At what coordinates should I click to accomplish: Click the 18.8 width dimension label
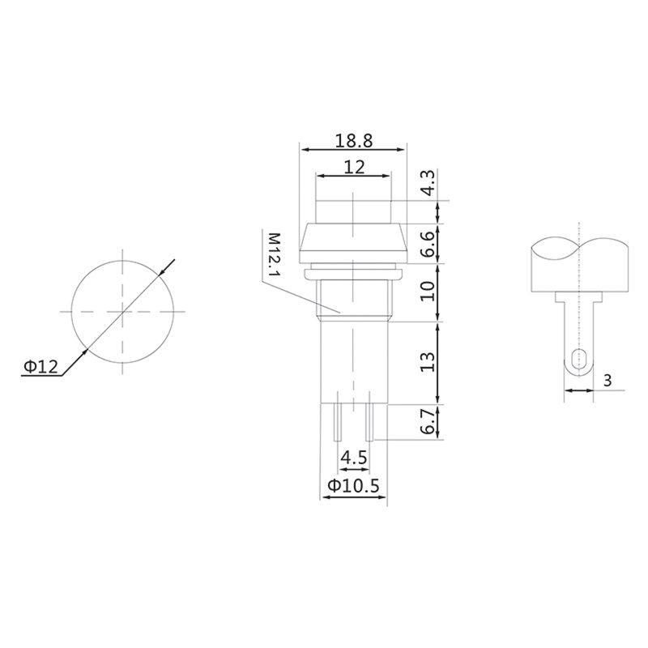click(353, 140)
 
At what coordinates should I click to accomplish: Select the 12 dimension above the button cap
click(353, 167)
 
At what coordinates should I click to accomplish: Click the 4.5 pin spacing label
click(353, 458)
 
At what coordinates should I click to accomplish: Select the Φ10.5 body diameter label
click(353, 486)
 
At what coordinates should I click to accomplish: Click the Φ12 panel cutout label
click(40, 367)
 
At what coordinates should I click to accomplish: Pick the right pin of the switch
click(369, 421)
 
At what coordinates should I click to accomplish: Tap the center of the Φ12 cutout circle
click(122, 311)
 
